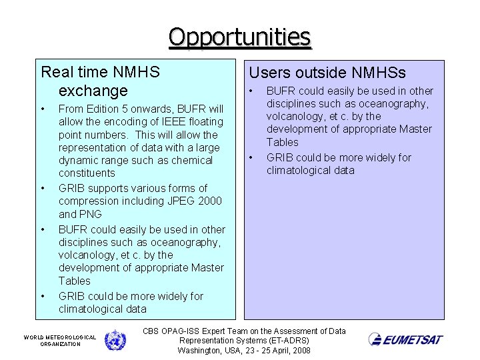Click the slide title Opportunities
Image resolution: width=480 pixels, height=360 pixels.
[x=240, y=37]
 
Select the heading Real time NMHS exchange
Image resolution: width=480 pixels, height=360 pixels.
[x=100, y=81]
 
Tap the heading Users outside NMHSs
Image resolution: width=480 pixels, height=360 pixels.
[x=327, y=73]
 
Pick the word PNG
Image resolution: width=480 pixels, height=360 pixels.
[x=91, y=214]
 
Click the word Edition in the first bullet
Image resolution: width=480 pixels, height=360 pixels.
[x=103, y=108]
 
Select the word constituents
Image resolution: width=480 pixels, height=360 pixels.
[x=87, y=173]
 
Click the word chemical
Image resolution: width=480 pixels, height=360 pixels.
[x=191, y=160]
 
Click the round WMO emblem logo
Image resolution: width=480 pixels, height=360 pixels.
[x=115, y=340]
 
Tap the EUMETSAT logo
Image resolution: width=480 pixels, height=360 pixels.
[x=405, y=339]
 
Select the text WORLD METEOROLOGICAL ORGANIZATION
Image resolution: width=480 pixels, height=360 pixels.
[x=60, y=341]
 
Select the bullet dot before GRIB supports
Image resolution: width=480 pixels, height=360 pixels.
[x=43, y=188]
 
